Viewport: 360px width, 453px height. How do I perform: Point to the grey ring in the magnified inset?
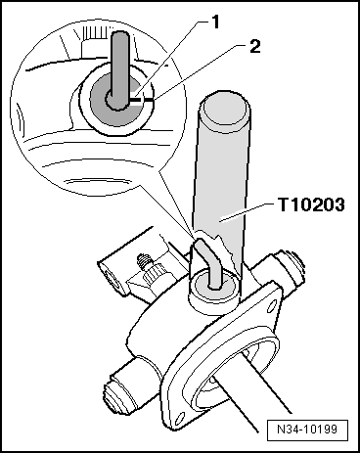click(x=98, y=98)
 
